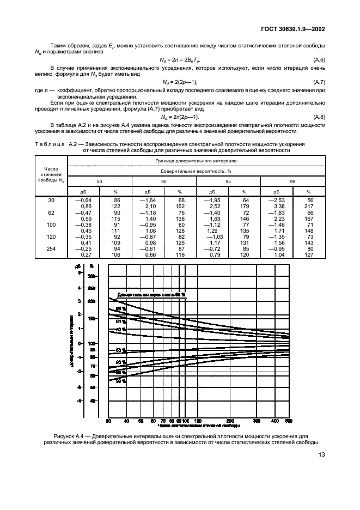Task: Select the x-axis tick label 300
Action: (256, 421)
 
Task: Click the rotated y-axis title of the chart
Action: (72, 339)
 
